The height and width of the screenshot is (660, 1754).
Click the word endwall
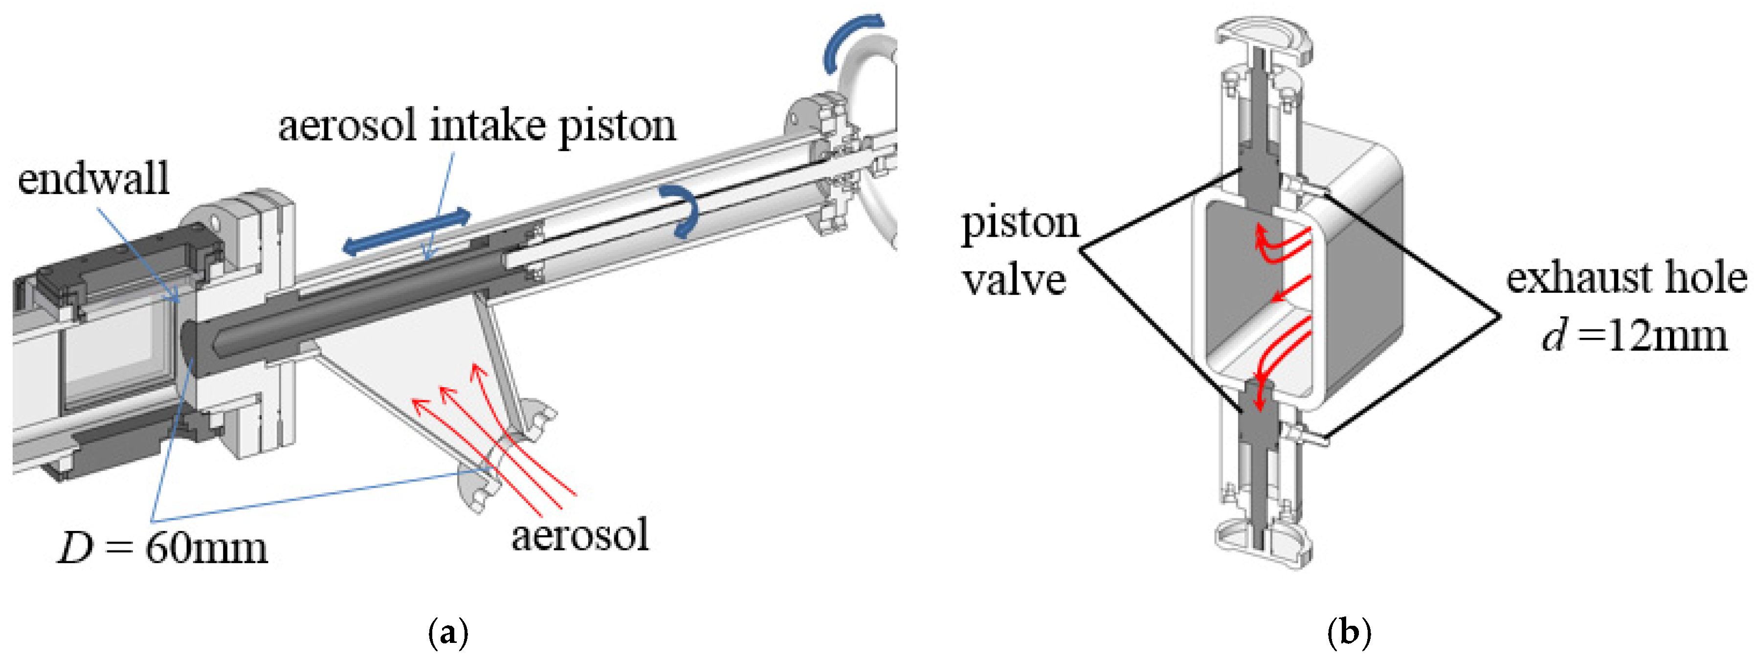(x=93, y=179)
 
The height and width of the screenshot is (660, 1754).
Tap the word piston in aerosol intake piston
(x=617, y=127)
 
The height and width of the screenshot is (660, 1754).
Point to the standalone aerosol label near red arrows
(x=580, y=535)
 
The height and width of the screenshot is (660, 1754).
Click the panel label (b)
(x=1349, y=633)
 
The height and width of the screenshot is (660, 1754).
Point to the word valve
(x=1014, y=280)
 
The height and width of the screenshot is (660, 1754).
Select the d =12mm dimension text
(x=1635, y=336)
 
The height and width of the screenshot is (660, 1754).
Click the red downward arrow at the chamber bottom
(x=1260, y=395)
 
